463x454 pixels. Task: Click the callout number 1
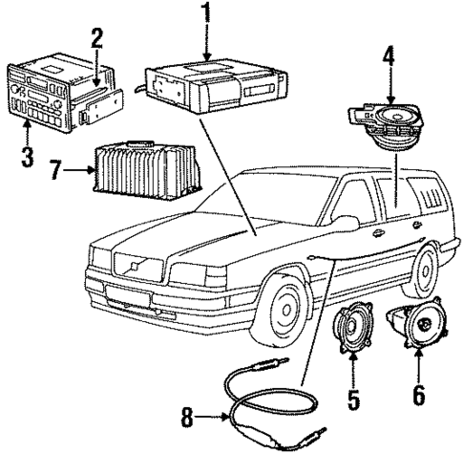[203, 16]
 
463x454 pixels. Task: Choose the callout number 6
[418, 393]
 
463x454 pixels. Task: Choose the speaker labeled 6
[415, 330]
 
